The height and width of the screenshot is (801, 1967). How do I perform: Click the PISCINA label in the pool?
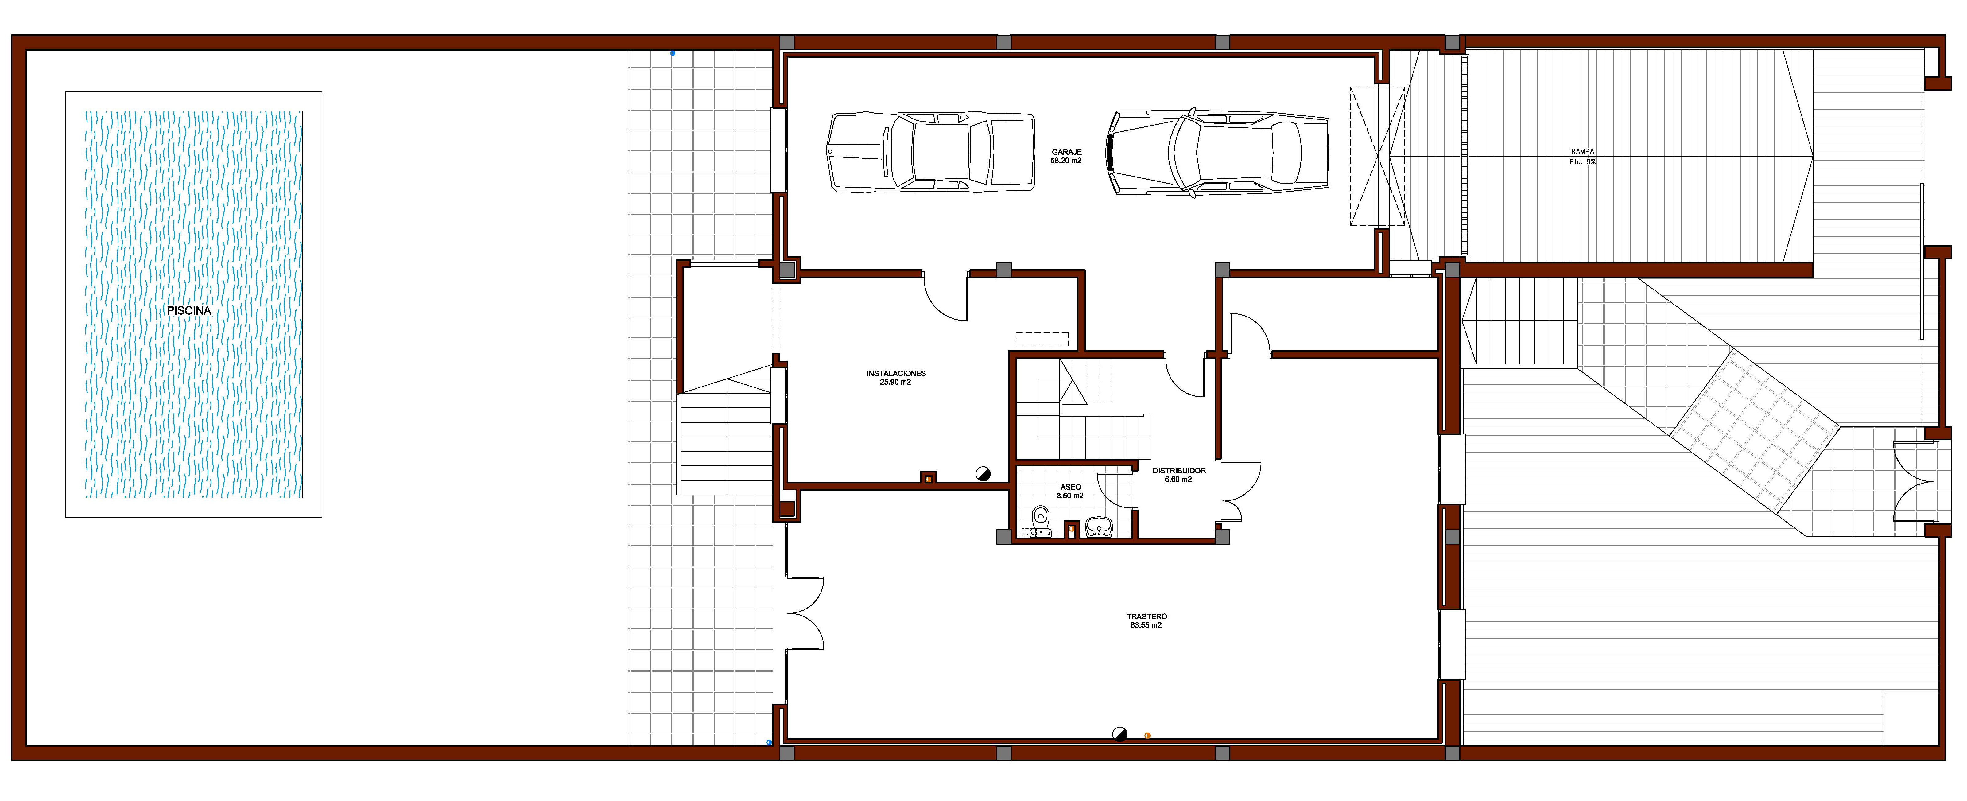click(188, 311)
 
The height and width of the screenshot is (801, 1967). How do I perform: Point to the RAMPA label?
click(1582, 152)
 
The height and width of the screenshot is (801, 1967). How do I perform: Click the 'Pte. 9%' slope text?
click(1582, 162)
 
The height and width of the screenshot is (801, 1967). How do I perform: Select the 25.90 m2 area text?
click(896, 383)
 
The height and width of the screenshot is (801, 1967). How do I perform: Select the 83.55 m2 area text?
click(1146, 625)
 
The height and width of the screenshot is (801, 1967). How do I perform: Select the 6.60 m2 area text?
click(1178, 480)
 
